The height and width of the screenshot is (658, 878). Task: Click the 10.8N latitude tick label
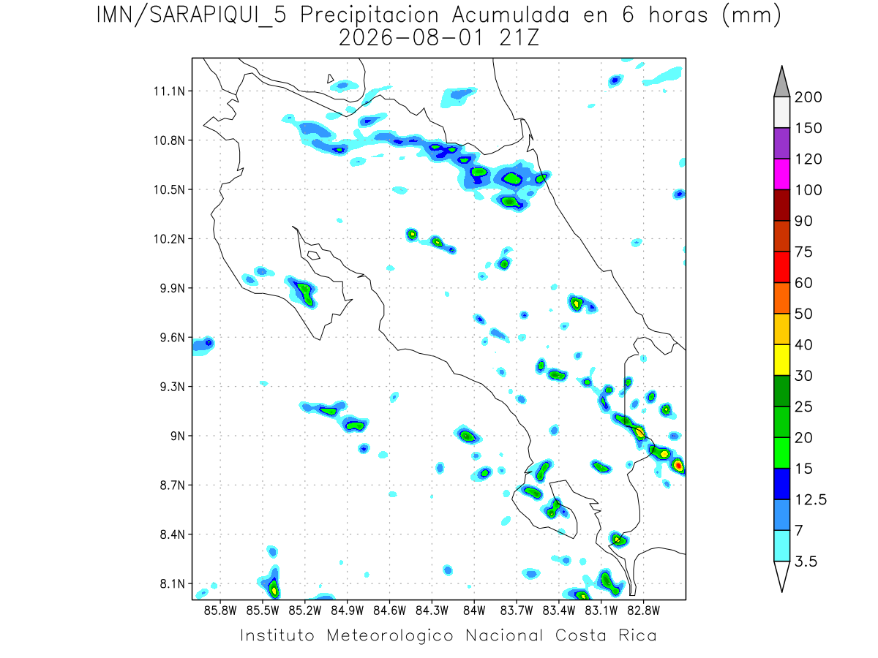pos(169,140)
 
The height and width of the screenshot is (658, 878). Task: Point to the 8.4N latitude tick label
pos(173,534)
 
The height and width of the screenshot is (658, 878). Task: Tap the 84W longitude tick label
pos(474,611)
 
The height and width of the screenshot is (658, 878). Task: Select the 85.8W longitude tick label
pos(220,611)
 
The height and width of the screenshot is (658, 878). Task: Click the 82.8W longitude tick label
pos(643,611)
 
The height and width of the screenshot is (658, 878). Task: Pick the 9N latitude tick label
pos(178,436)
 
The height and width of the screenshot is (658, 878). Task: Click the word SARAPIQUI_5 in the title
pos(218,16)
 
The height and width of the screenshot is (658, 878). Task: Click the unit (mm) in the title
pos(751,16)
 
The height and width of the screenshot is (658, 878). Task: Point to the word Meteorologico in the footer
pos(389,636)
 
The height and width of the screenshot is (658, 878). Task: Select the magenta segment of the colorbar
pos(781,174)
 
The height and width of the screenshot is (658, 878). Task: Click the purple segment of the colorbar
pos(781,143)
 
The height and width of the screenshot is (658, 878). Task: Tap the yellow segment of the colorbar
pos(781,360)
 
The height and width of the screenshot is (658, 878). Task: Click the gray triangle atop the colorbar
pos(781,84)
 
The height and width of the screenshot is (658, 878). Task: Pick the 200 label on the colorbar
pos(808,97)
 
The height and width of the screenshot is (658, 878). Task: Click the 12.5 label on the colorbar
pos(811,500)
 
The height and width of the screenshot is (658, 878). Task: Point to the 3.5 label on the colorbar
pos(806,561)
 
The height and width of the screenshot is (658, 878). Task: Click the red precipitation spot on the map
pos(678,465)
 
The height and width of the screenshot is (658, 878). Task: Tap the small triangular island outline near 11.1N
pos(330,78)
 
